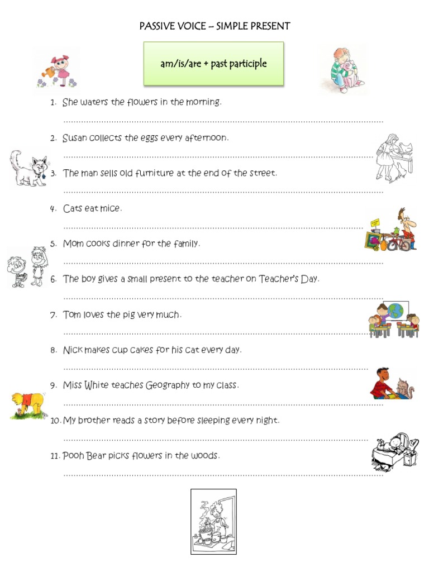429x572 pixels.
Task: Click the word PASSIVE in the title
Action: pos(156,26)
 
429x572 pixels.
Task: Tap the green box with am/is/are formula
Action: pos(213,64)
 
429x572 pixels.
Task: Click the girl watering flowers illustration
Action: pos(57,70)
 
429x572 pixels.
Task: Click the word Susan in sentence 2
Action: pos(75,137)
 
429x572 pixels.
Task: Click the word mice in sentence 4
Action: pos(111,208)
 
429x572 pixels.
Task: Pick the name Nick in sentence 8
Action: pos(73,350)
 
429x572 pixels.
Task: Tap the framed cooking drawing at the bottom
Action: pos(213,521)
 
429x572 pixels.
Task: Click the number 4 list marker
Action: pos(53,209)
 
